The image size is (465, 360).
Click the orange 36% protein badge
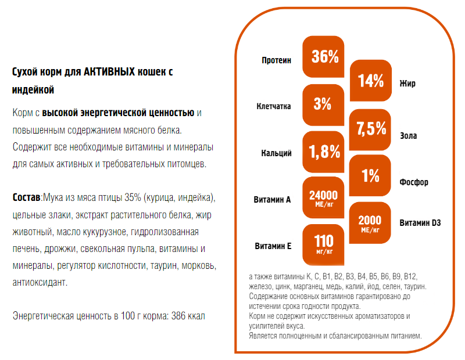[x=323, y=57]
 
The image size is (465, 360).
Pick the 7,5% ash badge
[x=371, y=128]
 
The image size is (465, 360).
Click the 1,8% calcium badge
[x=323, y=152]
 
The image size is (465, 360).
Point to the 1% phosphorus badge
[x=370, y=176]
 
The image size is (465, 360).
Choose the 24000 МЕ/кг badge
[x=323, y=198]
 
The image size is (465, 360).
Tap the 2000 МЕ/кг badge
[x=370, y=223]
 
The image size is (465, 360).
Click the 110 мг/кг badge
[x=323, y=244]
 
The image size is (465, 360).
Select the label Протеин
[x=276, y=60]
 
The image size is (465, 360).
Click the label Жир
[x=407, y=84]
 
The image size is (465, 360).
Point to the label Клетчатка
[x=274, y=107]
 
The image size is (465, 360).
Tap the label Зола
[x=409, y=136]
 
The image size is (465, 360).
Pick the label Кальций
[x=276, y=153]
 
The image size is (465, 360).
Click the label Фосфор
[x=414, y=182]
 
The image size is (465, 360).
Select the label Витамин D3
[x=420, y=222]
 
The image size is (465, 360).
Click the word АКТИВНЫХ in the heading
[x=108, y=72]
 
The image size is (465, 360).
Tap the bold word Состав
[x=26, y=198]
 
